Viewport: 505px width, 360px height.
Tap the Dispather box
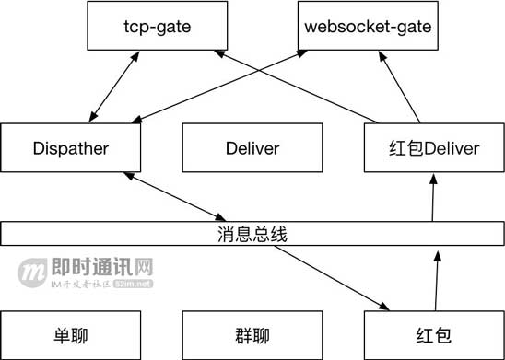tap(71, 148)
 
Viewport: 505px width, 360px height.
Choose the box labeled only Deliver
tap(252, 148)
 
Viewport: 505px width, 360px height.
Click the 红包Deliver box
tap(432, 148)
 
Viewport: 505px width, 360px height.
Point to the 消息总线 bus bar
tap(252, 234)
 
